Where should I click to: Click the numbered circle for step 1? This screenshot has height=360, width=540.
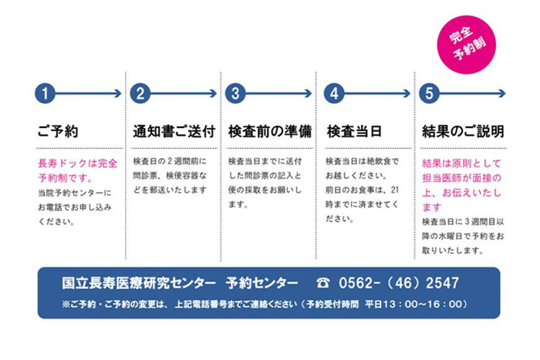(45, 93)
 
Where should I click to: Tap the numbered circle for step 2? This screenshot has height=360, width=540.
(140, 93)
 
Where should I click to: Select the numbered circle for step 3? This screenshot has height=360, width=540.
(235, 93)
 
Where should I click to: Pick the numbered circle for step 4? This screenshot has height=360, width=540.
(334, 93)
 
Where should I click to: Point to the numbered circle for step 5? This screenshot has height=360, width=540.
(429, 93)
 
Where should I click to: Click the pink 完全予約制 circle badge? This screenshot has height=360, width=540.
(466, 45)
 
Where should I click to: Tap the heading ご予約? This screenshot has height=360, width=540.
(58, 131)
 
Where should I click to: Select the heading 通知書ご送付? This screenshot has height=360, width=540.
(174, 131)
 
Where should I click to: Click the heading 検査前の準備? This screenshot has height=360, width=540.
(270, 131)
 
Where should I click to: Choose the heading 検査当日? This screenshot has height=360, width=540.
(354, 131)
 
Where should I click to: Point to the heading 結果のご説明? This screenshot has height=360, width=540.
(463, 131)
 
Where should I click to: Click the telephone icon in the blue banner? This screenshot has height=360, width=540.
(322, 283)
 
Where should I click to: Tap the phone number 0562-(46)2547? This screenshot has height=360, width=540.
(399, 283)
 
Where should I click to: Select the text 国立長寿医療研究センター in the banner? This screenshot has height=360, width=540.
(139, 283)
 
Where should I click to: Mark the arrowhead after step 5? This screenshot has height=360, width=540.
(502, 93)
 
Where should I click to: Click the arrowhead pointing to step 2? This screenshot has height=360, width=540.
(118, 93)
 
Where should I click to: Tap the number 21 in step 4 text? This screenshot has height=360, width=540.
(394, 190)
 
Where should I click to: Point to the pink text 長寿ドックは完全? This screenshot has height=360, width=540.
(77, 163)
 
